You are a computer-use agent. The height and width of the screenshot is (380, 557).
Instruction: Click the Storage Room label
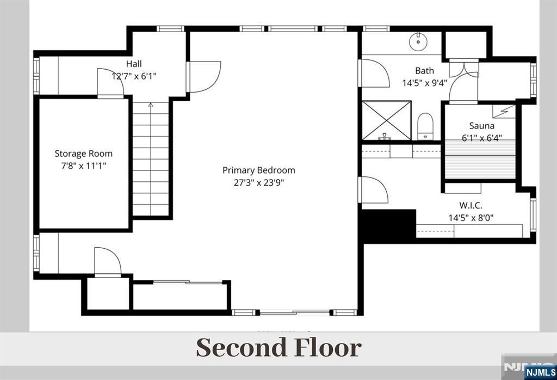[x=83, y=154]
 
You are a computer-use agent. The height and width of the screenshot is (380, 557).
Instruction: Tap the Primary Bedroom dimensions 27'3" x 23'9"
[x=258, y=183]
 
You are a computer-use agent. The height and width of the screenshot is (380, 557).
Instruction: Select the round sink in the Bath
[x=417, y=42]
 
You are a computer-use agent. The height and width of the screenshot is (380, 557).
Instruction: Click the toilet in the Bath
[x=425, y=126]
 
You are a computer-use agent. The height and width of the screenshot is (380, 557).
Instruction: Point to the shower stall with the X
[x=387, y=120]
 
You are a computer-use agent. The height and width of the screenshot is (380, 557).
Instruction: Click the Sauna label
[x=482, y=126]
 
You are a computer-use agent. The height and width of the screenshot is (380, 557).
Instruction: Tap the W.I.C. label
[x=471, y=205]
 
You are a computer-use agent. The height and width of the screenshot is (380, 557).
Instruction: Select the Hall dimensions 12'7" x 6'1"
[x=134, y=76]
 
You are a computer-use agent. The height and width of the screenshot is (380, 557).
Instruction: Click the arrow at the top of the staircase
[x=151, y=105]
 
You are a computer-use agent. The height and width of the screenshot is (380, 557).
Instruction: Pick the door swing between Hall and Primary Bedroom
[x=205, y=77]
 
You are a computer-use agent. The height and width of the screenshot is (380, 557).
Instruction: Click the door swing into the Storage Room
[x=110, y=82]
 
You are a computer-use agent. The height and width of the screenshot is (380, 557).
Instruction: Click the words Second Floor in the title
[x=279, y=347]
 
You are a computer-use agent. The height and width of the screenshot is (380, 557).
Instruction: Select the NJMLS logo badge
[x=540, y=372]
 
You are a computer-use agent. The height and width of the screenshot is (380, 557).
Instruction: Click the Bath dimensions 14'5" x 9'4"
[x=424, y=83]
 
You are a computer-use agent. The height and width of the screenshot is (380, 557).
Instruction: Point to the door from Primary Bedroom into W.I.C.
[x=374, y=190]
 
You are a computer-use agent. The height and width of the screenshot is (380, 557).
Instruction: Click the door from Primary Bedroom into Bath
[x=374, y=73]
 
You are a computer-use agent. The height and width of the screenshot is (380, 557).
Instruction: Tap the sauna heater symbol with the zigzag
[x=504, y=111]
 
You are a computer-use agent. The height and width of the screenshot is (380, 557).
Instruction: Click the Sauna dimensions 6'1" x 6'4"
[x=482, y=138]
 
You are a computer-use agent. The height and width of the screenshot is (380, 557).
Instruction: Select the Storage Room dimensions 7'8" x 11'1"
[x=83, y=166]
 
